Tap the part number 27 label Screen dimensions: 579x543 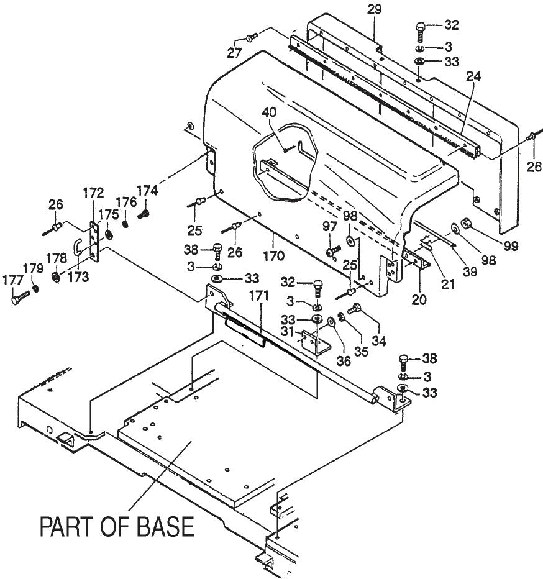coord(234,53)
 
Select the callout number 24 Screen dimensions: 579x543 coord(475,77)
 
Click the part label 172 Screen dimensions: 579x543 coord(96,192)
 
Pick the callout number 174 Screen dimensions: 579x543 coord(148,190)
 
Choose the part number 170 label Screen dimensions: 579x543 coord(274,255)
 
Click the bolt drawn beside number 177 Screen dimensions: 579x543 coord(21,298)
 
